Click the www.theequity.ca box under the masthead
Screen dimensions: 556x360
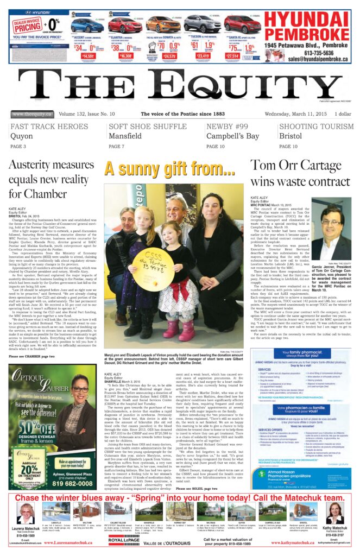(x=32, y=114)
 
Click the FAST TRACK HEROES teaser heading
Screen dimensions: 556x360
(x=49, y=127)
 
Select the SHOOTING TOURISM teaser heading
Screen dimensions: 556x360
(x=315, y=127)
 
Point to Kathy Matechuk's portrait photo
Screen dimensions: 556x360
(x=334, y=513)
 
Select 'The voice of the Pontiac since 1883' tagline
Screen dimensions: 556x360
(x=182, y=114)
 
